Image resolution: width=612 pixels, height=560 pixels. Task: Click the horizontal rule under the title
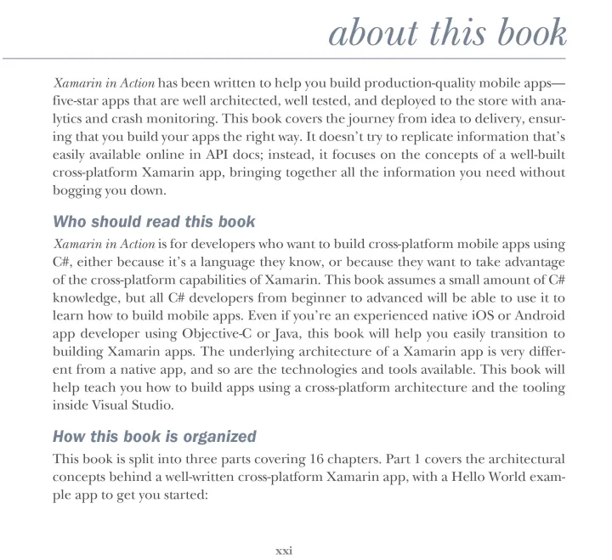coord(306,59)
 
